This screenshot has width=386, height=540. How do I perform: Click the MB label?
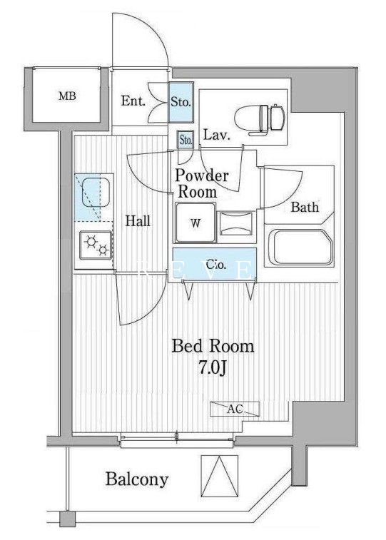[67, 96]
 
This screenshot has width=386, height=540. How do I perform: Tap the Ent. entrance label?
[133, 101]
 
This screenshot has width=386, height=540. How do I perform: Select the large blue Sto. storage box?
[181, 102]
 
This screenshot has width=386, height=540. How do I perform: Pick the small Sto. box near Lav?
[186, 140]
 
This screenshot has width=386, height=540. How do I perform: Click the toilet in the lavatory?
[259, 118]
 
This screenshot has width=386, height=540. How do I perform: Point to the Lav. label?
[216, 135]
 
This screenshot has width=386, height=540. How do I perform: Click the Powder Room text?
[201, 183]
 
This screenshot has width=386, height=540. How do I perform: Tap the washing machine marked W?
[195, 223]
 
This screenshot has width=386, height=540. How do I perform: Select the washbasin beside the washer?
[236, 223]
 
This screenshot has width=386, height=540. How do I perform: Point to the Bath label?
[305, 207]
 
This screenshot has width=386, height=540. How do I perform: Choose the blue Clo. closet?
[215, 264]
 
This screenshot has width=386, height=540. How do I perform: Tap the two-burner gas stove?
[96, 245]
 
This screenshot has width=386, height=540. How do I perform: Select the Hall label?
[138, 220]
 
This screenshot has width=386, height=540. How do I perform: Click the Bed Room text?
[213, 346]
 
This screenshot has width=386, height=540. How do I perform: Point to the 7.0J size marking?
[212, 368]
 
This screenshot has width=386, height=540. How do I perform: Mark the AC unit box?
[235, 409]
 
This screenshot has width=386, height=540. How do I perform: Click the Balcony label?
[137, 479]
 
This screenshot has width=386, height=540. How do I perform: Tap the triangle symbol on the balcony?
[219, 476]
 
